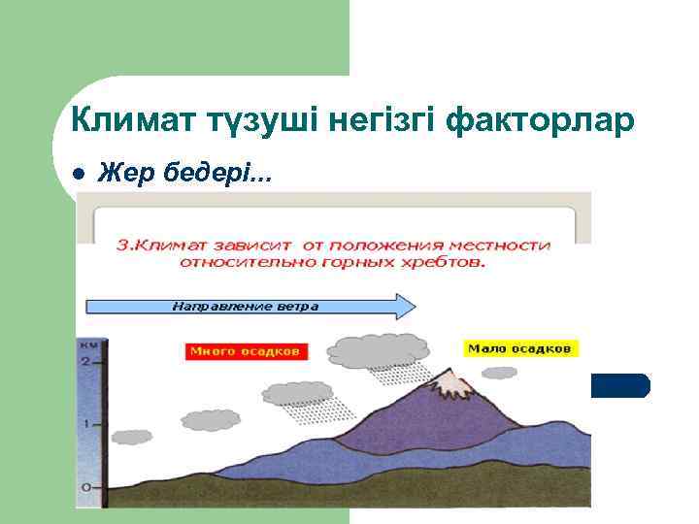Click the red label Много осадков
pyautogui.click(x=244, y=350)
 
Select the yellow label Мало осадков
pyautogui.click(x=521, y=347)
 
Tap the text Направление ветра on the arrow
pyautogui.click(x=245, y=307)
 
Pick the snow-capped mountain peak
pyautogui.click(x=449, y=383)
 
